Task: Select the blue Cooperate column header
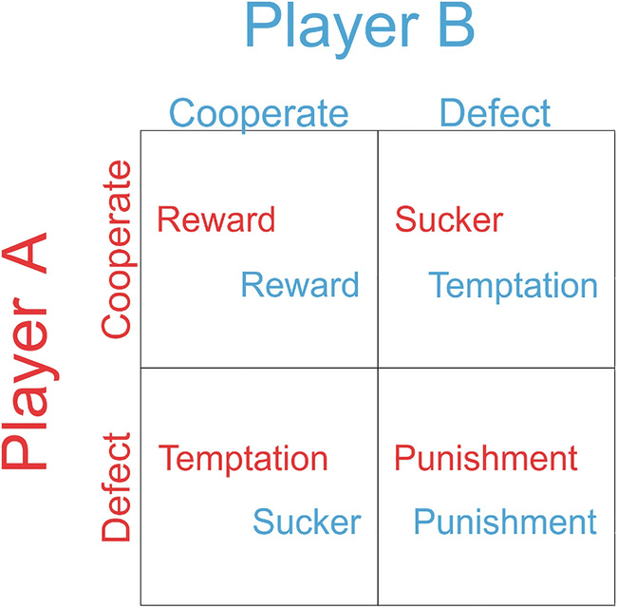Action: (x=259, y=114)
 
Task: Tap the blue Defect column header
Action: (x=495, y=114)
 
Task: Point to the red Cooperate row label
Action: (x=116, y=249)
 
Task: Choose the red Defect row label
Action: (x=116, y=487)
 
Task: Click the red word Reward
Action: (x=216, y=219)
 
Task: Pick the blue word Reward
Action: (x=300, y=284)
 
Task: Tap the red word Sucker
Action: (x=449, y=219)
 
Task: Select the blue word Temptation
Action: (x=513, y=284)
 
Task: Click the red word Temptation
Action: (x=243, y=459)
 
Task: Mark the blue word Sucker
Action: (x=307, y=522)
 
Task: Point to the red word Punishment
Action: (x=486, y=459)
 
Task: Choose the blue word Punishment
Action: (x=505, y=522)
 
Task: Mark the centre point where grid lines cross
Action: (x=378, y=368)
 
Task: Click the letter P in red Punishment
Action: (x=403, y=459)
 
